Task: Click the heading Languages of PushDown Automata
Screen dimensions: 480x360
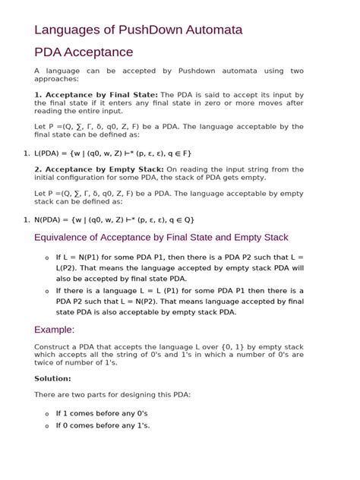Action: [x=138, y=30]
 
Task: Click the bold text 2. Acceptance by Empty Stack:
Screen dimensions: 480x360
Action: [x=99, y=169]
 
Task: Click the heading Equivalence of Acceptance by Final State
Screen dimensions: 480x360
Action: [x=161, y=237]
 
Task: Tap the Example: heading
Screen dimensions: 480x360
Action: [x=55, y=330]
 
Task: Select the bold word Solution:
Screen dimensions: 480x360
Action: [x=52, y=378]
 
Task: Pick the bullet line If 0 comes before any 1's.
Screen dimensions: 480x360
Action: [x=103, y=425]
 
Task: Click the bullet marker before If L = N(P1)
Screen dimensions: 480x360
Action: [x=47, y=257]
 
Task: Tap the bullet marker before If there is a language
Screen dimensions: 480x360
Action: [x=47, y=291]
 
